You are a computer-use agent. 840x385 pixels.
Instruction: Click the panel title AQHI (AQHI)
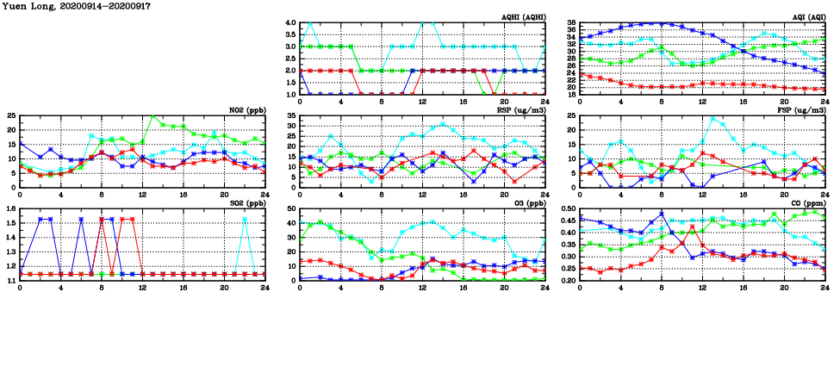point(520,17)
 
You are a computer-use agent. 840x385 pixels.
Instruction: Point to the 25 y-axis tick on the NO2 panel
point(11,115)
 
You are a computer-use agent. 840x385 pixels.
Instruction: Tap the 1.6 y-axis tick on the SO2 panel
point(9,208)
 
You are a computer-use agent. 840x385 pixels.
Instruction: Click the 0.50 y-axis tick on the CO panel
point(569,208)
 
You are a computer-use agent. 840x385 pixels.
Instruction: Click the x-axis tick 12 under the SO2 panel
point(142,287)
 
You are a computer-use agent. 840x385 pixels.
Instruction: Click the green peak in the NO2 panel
point(152,116)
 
